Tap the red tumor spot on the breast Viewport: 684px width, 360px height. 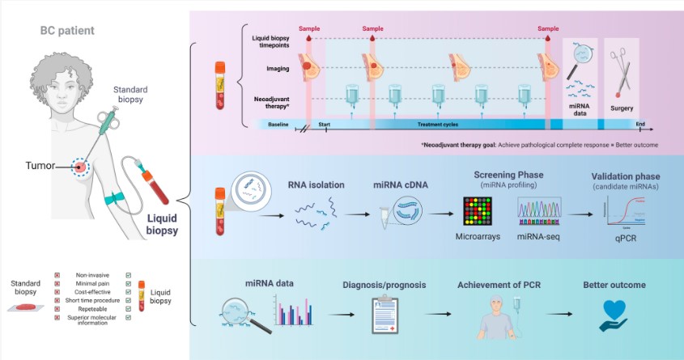pyautogui.click(x=80, y=167)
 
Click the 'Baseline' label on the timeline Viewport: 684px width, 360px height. pyautogui.click(x=279, y=125)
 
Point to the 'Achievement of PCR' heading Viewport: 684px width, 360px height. pyautogui.click(x=499, y=285)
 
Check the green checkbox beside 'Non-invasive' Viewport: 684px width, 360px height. pyautogui.click(x=129, y=275)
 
